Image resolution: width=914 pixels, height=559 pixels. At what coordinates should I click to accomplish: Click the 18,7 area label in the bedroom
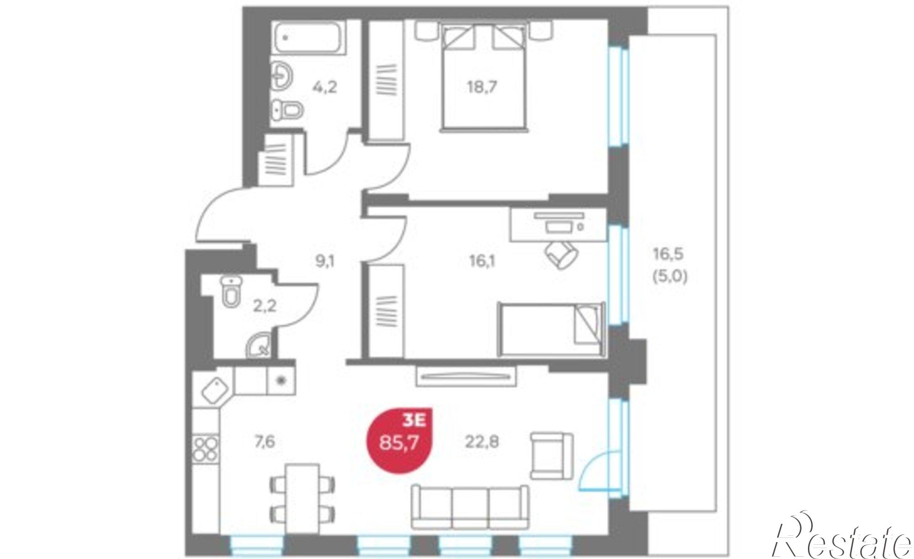pos(481,86)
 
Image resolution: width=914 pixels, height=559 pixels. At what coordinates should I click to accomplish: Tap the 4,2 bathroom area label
pos(324,86)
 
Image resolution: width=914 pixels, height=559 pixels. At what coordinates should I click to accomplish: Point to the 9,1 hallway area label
pos(325,262)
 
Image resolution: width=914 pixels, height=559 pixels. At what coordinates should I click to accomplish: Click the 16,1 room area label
pos(482,262)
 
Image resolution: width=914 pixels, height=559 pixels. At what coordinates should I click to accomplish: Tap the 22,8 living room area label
pos(482,442)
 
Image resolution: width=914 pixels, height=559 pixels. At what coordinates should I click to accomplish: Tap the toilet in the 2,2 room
pos(232,291)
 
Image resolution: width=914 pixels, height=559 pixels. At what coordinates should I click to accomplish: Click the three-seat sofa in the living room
pos(470,506)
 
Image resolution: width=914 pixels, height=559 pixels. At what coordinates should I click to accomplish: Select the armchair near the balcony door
pos(552,456)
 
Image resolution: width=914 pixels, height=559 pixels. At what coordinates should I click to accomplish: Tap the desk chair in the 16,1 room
pos(562,254)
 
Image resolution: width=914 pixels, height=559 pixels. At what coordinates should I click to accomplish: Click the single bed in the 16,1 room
pos(551,329)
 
